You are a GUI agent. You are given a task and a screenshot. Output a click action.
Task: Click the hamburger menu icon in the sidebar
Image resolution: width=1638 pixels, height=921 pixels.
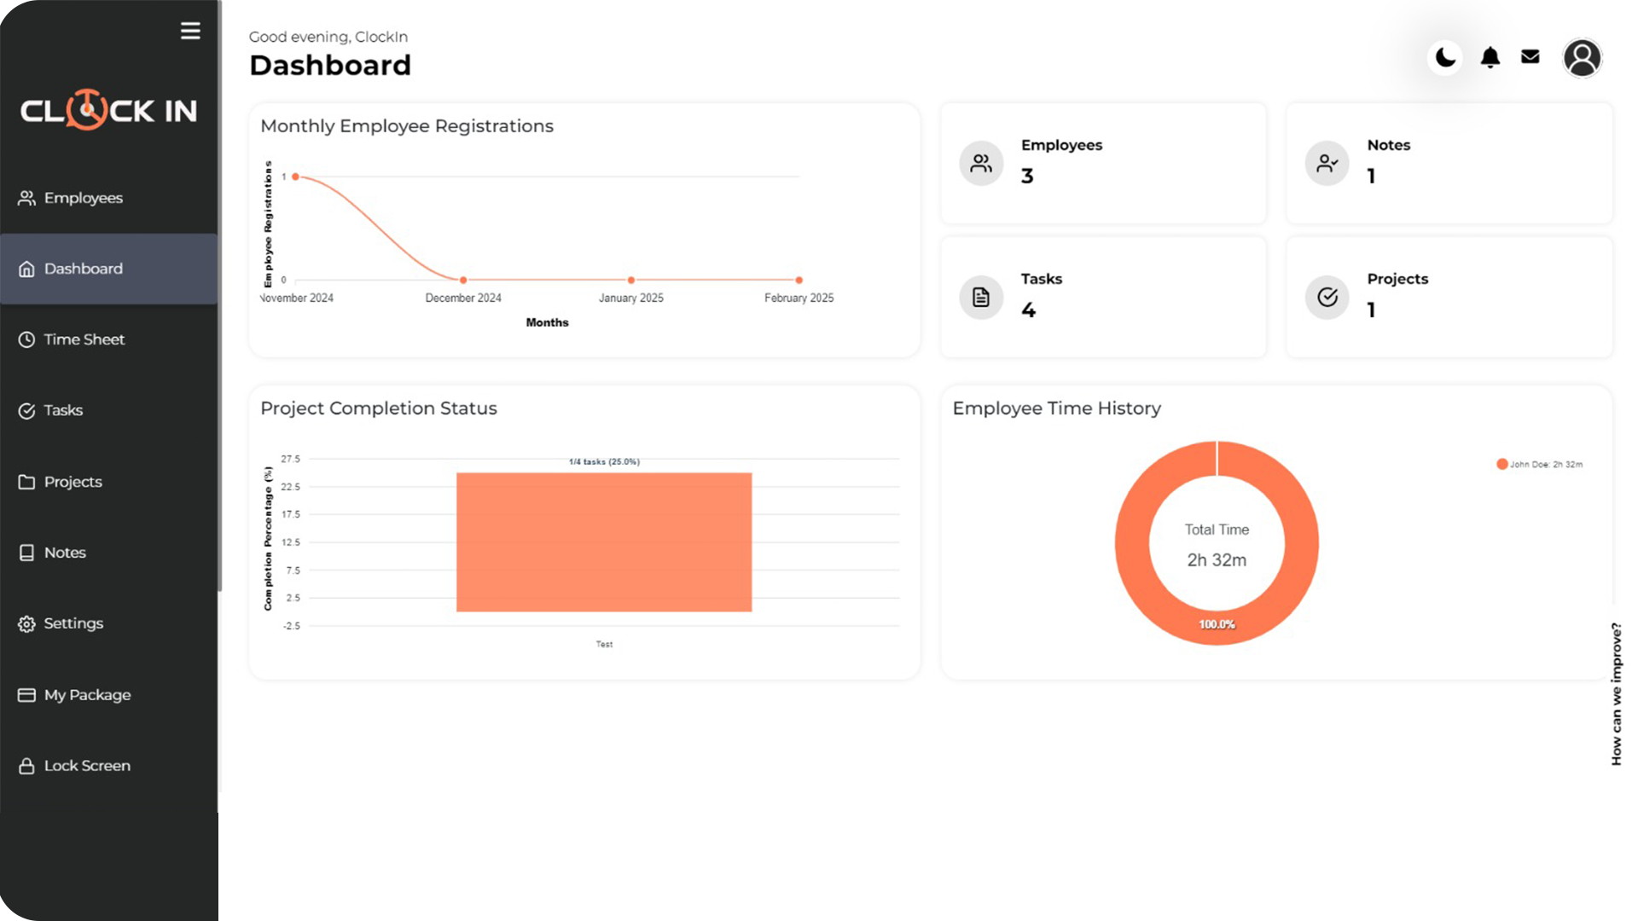coord(190,32)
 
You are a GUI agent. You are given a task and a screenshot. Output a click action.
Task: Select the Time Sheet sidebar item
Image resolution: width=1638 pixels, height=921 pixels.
coord(84,339)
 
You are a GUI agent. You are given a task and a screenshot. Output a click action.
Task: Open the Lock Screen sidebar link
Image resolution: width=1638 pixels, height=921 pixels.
coord(86,766)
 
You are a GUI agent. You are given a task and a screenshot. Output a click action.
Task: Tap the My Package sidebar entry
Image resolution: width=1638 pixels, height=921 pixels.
coord(86,695)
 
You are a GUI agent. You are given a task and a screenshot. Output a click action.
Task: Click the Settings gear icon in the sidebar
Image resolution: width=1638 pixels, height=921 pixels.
coord(26,624)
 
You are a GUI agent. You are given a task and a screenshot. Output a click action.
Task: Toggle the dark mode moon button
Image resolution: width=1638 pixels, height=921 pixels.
coord(1445,58)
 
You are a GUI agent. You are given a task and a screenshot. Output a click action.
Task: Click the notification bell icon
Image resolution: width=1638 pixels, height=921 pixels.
coord(1490,58)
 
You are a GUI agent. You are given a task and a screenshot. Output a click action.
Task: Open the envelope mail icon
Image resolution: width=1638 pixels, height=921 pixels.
coord(1531,57)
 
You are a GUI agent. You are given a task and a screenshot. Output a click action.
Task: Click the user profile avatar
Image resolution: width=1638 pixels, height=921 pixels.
coord(1582,58)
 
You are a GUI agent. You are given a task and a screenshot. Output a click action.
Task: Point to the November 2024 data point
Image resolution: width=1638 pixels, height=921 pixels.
coord(296,177)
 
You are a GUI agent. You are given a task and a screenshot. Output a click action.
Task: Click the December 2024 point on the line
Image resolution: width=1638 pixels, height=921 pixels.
coord(463,280)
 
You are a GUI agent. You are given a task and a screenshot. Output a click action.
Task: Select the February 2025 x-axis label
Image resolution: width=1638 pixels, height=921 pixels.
coord(799,298)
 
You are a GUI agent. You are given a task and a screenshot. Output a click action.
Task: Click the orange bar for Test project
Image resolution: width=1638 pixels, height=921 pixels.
coord(604,542)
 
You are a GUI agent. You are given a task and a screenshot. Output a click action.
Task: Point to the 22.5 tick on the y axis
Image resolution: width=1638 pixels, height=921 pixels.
coord(291,487)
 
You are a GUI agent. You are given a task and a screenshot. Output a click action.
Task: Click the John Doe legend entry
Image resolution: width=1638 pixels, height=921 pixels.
coord(1540,465)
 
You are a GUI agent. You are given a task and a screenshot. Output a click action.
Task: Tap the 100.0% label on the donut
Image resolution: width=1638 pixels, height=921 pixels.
coord(1217,624)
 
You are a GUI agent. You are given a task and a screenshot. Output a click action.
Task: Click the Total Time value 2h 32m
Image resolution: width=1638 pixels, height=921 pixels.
coord(1217,560)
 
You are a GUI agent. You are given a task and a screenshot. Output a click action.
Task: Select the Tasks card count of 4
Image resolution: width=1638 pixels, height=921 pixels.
coord(1028,310)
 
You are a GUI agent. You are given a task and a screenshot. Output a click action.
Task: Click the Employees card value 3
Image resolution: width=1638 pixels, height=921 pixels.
coord(1027,176)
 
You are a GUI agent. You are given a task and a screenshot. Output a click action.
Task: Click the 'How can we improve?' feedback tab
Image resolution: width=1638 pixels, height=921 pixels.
coord(1616,694)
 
